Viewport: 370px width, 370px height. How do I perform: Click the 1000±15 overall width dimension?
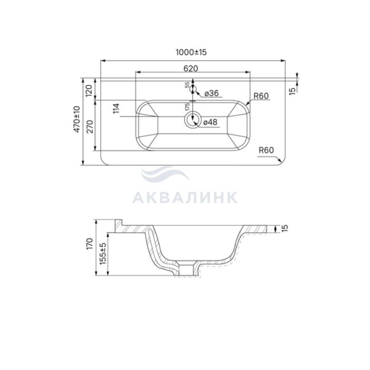pos(191,52)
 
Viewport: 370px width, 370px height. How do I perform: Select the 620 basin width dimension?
pos(191,68)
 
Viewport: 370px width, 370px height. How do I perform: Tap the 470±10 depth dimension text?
pos(77,119)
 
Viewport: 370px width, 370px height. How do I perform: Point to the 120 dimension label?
pos(89,90)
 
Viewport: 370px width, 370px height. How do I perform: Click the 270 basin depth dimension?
pos(90,127)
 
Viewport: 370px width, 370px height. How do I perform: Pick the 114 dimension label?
pos(116,108)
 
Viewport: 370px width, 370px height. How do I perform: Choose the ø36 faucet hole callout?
pos(211,93)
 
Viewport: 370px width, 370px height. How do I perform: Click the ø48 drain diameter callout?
pos(210,122)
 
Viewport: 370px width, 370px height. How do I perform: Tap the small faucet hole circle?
pos(193,89)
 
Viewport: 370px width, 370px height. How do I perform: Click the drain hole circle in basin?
pos(193,121)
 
